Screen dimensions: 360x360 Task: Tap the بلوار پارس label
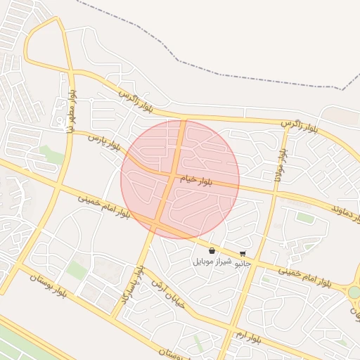point(105,143)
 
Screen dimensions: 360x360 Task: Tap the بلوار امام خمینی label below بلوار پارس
point(103,206)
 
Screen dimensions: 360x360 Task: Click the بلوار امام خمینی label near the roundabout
point(304,276)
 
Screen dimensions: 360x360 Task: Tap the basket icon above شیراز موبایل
point(212,250)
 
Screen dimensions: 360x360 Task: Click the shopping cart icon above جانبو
point(243,253)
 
